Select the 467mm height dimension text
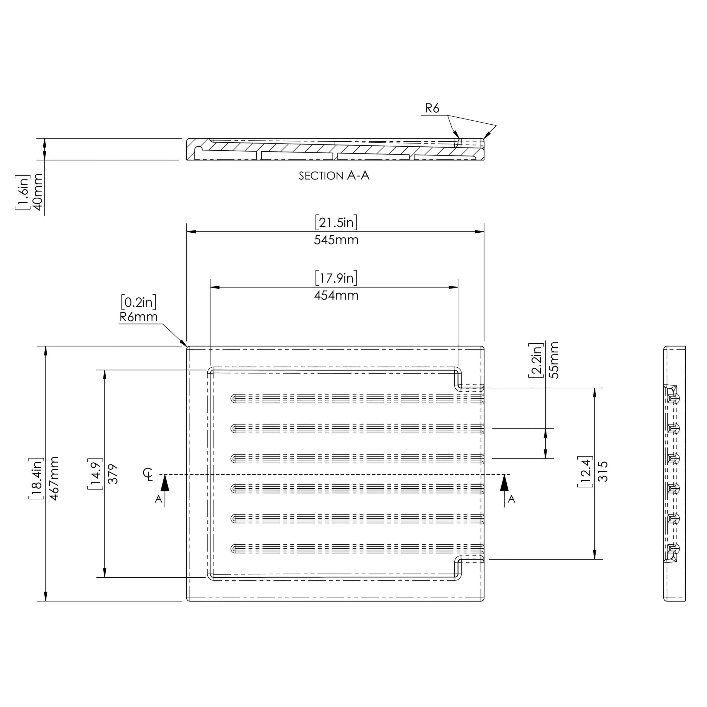(54, 479)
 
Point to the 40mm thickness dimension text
(38, 192)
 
